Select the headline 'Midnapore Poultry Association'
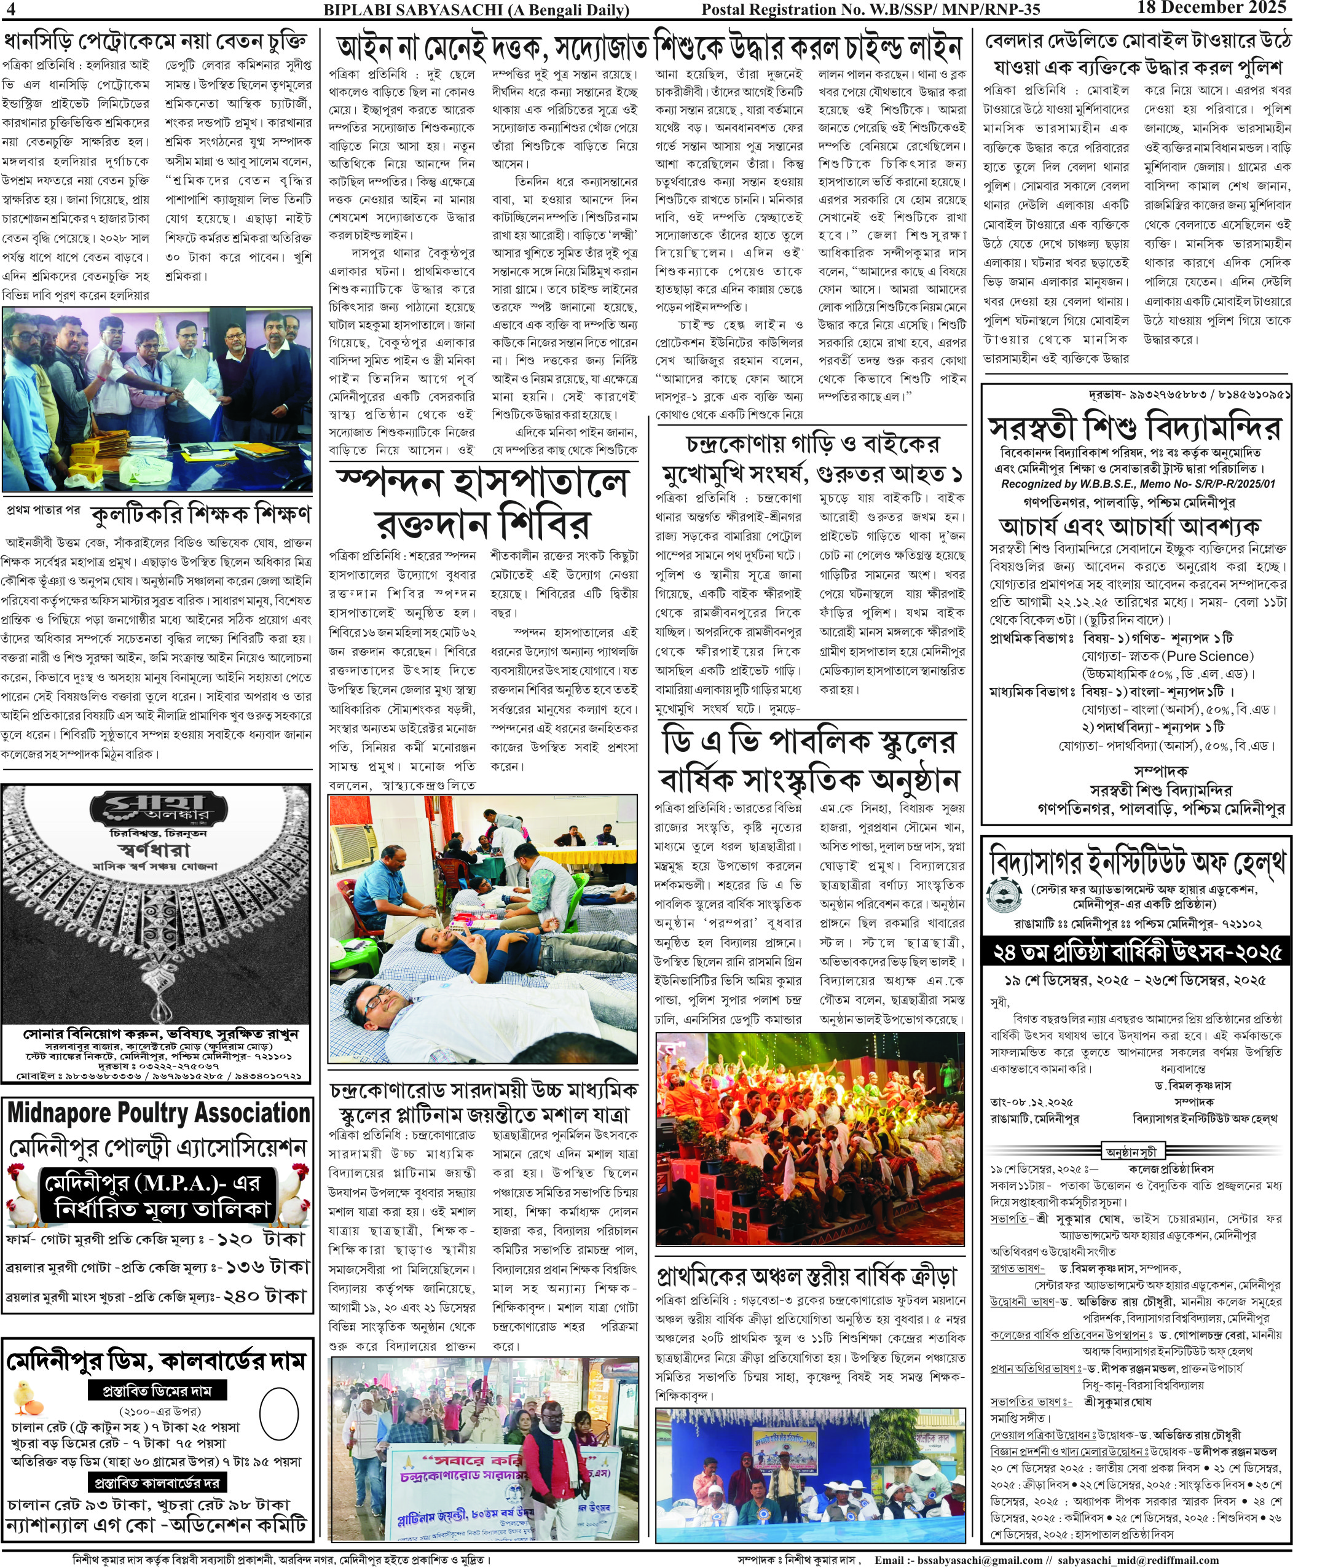pyautogui.click(x=159, y=1112)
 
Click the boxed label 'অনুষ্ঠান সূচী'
pyautogui.click(x=1132, y=1151)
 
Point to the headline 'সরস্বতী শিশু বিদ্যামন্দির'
pyautogui.click(x=1134, y=428)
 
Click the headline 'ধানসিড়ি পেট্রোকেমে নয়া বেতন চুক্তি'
pyautogui.click(x=156, y=41)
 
